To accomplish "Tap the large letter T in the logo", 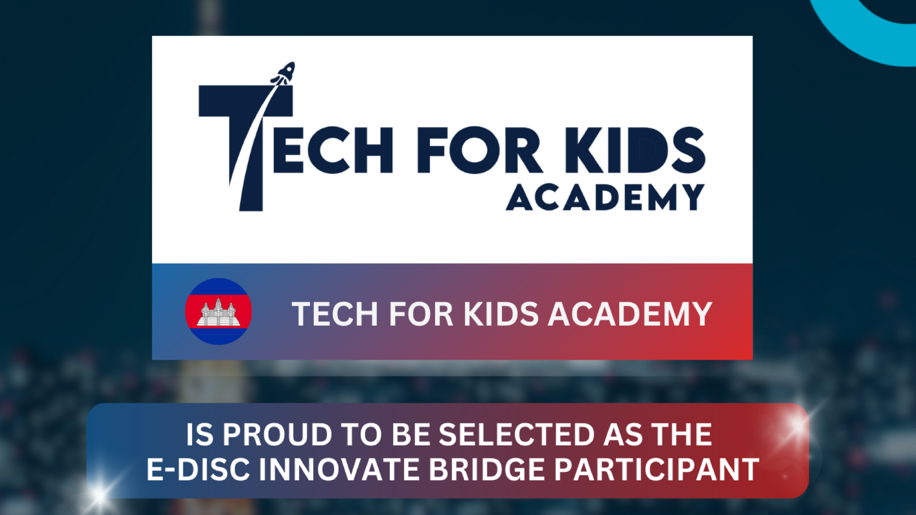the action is [x=246, y=148].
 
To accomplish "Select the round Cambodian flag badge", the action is [x=218, y=311].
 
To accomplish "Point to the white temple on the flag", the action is [x=218, y=313].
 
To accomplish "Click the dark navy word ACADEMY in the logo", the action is [x=605, y=197].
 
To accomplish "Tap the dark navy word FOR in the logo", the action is [x=479, y=150].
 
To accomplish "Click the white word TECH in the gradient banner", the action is [x=335, y=314].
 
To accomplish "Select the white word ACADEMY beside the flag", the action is [x=630, y=314].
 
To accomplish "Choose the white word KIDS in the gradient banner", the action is [x=501, y=314].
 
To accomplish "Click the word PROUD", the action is [x=277, y=435].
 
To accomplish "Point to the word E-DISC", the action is [x=198, y=470].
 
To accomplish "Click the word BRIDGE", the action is [x=487, y=470].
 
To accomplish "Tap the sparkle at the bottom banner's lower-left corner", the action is [x=99, y=493].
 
